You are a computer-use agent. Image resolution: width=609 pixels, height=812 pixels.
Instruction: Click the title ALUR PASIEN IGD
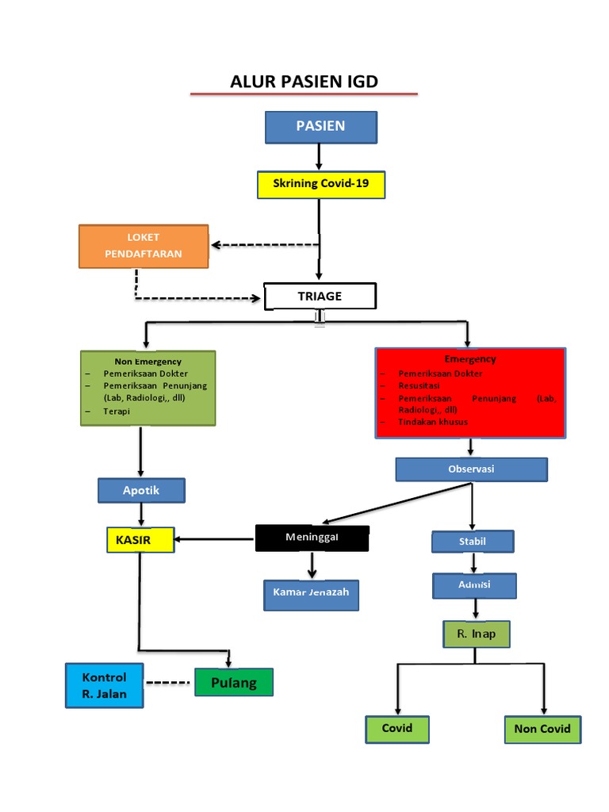(304, 81)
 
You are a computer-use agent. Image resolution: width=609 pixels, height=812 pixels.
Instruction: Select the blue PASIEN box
(320, 127)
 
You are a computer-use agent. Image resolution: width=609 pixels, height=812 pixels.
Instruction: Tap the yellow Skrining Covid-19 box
(320, 184)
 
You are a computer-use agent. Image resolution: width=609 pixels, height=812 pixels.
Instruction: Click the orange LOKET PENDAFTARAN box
(144, 246)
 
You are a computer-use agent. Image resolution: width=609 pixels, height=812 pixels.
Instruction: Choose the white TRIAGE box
(320, 296)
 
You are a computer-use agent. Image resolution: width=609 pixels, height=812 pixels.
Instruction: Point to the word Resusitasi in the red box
(417, 385)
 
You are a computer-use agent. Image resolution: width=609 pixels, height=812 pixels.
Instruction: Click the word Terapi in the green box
(116, 412)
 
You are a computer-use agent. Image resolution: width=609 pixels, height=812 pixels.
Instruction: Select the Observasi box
(471, 469)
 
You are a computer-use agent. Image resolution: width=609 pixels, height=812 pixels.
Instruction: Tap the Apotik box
(141, 490)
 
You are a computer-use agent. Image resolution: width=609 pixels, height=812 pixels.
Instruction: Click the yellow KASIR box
(140, 540)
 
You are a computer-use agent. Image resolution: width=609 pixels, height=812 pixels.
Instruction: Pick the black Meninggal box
(312, 538)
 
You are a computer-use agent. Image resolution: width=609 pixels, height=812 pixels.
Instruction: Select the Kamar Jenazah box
(311, 594)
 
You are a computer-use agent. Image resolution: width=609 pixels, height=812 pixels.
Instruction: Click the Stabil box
(473, 542)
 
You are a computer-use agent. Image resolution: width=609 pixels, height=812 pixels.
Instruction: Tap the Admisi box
(474, 585)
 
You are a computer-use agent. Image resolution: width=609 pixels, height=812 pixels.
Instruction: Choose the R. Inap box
(475, 634)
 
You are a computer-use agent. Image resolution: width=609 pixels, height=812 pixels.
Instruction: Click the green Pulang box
(234, 682)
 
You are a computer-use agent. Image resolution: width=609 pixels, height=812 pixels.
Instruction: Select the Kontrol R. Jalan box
(104, 686)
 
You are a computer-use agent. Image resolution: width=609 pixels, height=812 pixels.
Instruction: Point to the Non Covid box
(542, 729)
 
